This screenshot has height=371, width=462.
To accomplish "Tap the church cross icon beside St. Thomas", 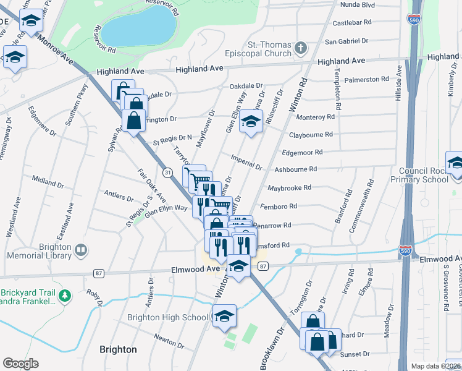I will click(x=301, y=48).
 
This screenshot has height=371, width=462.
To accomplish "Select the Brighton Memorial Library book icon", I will click(x=80, y=250).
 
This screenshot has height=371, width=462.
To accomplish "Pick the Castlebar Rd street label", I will click(x=352, y=22).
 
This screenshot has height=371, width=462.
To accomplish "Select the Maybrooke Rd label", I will click(x=289, y=187).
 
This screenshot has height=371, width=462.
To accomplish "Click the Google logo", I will click(x=20, y=363).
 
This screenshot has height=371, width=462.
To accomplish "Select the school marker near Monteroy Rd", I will click(x=251, y=122).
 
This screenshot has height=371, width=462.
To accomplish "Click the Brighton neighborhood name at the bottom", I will click(x=118, y=349).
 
